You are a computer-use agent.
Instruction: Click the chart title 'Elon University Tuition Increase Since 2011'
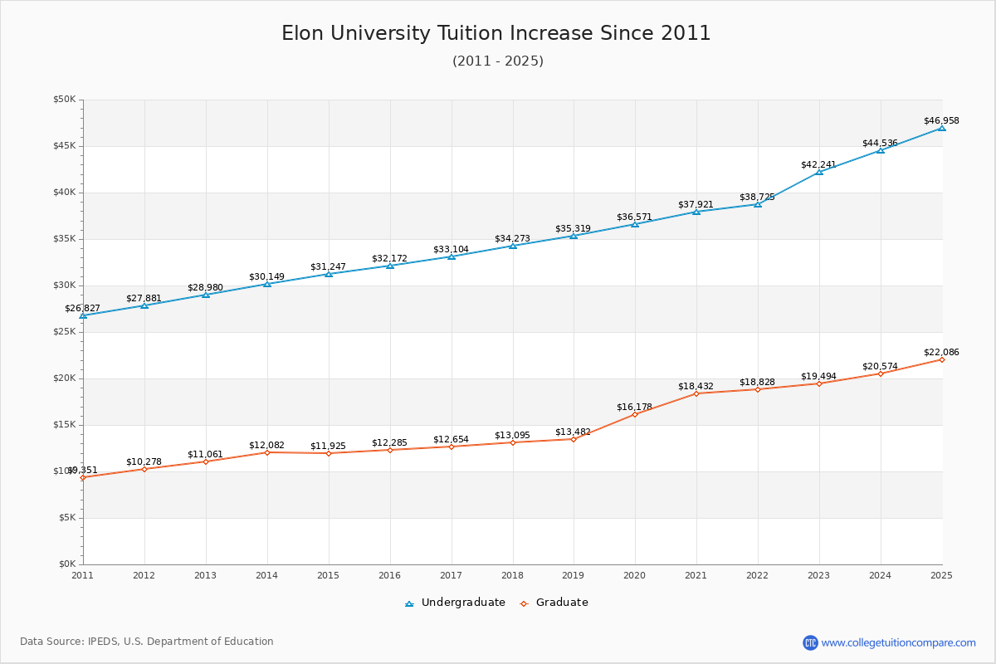click(496, 33)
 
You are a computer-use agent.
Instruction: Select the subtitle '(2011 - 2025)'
click(498, 61)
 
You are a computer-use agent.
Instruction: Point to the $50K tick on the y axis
click(64, 100)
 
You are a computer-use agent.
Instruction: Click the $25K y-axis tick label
click(64, 332)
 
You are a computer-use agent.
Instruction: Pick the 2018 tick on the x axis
click(512, 574)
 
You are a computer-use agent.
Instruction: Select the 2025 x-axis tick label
click(941, 574)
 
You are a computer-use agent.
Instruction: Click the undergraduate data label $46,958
click(941, 120)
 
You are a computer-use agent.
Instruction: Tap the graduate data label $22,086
click(941, 352)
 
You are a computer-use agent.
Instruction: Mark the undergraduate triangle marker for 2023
click(819, 172)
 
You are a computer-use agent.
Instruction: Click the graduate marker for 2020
click(635, 414)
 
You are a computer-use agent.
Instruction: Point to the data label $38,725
click(757, 197)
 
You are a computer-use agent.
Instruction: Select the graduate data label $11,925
click(328, 446)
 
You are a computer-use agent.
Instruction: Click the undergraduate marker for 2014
click(267, 284)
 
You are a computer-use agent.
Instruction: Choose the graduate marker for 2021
click(696, 393)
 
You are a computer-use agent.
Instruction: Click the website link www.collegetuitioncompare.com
click(898, 642)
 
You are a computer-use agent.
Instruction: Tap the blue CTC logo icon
click(810, 642)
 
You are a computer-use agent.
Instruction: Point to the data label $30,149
click(266, 276)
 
